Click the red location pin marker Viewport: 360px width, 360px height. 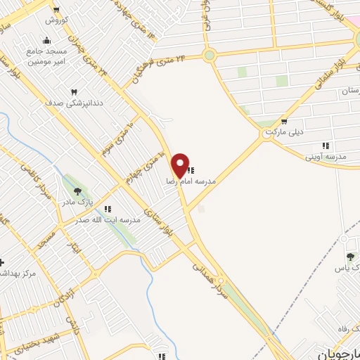click(181, 165)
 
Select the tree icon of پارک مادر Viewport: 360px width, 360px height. click(77, 191)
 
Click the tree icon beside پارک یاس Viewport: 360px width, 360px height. click(350, 257)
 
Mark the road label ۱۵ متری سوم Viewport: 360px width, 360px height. click(116, 138)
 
